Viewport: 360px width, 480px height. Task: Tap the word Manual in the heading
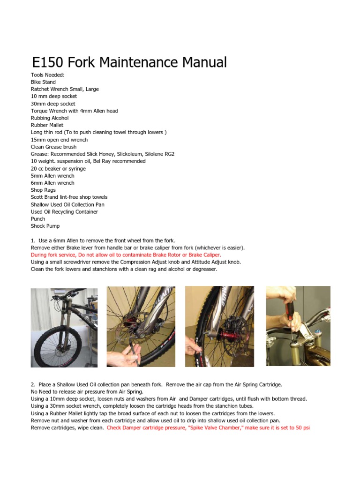coord(204,62)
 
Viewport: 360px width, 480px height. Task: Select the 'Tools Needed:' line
coord(47,75)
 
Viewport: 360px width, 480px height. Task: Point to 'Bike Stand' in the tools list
coord(43,82)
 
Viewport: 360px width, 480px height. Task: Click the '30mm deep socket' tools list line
coord(53,104)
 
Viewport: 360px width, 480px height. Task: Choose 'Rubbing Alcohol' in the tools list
coord(50,118)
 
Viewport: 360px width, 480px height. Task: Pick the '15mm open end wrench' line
coord(59,140)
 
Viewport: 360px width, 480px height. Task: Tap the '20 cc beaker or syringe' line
coord(58,169)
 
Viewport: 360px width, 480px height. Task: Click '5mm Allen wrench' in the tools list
coord(52,176)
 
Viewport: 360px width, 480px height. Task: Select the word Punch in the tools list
coord(38,219)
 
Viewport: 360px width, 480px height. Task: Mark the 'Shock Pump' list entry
coord(45,226)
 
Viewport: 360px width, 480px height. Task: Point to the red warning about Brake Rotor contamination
coord(126,255)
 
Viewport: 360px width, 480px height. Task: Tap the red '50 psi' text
coord(303,427)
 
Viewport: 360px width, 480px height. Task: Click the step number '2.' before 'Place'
coord(33,384)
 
